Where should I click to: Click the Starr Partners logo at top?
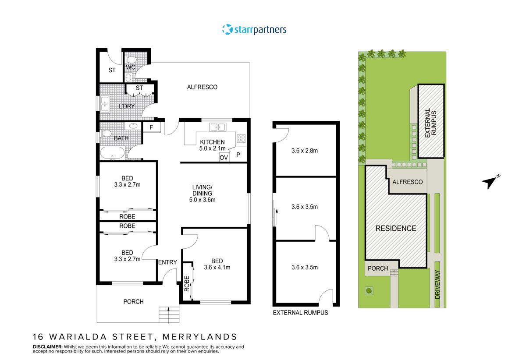click(x=254, y=30)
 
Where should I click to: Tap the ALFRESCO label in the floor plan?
click(x=202, y=87)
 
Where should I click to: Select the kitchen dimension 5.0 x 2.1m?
click(x=212, y=148)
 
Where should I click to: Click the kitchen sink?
click(x=217, y=127)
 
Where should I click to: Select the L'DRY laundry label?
click(x=126, y=106)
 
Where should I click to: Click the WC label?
click(x=130, y=68)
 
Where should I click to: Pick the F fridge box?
click(x=151, y=127)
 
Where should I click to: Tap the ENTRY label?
click(x=167, y=262)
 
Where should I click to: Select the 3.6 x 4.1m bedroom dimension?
click(x=217, y=268)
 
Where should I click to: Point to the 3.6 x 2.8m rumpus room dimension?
click(x=304, y=151)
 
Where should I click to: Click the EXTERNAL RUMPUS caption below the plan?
click(x=300, y=313)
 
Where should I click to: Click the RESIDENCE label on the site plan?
click(x=395, y=228)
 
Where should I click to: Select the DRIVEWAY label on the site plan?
click(x=437, y=284)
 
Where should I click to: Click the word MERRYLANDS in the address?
click(x=199, y=337)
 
